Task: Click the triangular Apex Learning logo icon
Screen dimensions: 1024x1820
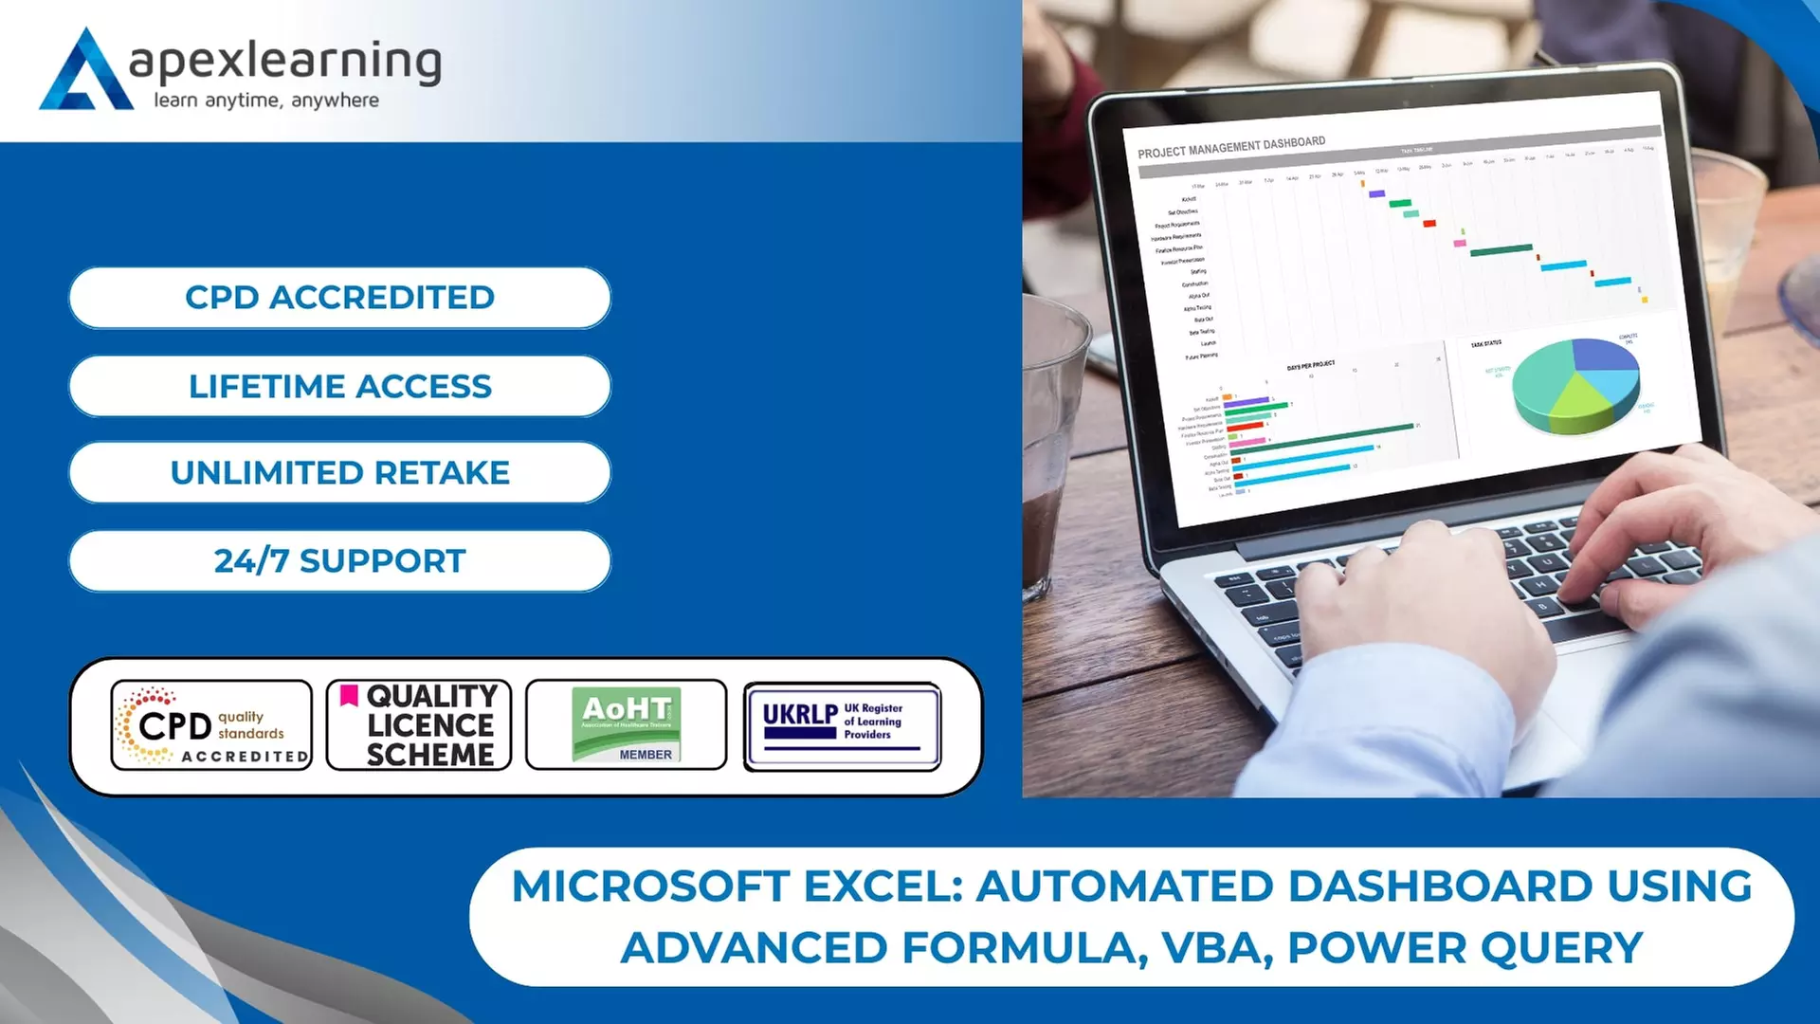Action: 85,72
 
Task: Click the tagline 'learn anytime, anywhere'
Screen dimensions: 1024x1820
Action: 266,101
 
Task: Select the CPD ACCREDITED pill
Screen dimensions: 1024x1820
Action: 339,298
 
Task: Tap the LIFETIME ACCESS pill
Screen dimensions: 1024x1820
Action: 339,386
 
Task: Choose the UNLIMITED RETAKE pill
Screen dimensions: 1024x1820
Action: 339,472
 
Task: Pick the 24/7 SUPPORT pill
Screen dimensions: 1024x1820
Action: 339,560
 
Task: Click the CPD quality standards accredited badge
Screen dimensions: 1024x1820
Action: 211,725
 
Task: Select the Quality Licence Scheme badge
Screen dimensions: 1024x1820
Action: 419,725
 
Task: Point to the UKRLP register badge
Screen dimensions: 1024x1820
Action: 842,725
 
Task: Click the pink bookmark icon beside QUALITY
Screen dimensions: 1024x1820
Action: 349,695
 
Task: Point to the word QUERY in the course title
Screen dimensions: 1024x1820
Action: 1562,948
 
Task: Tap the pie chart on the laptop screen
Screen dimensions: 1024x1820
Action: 1574,385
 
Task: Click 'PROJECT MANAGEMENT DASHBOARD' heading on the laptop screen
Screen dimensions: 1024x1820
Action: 1231,147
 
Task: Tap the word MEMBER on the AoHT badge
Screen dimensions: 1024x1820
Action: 646,755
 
